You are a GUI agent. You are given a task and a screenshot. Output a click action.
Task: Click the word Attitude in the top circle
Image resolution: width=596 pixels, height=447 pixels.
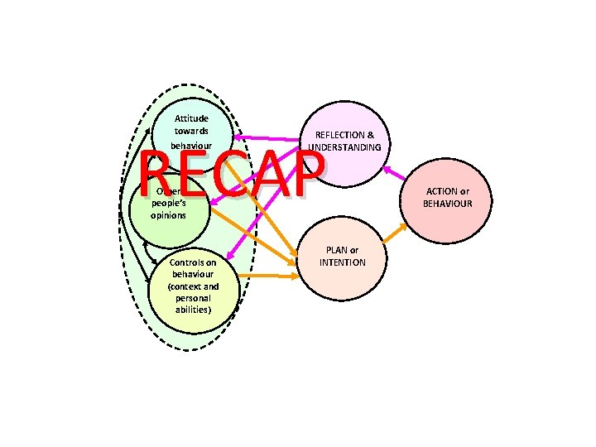point(191,118)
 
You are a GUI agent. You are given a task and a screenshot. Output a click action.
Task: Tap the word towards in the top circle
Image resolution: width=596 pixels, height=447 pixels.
point(191,131)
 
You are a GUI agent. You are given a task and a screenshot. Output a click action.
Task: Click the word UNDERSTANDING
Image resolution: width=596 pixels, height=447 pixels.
point(344,147)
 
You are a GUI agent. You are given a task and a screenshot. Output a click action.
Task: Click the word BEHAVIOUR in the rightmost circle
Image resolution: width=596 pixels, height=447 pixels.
point(448,203)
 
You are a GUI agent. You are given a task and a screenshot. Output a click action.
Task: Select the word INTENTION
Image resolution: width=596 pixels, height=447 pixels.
point(342,262)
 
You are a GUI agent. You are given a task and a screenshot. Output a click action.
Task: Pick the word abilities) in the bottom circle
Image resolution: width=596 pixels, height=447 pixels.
point(193,310)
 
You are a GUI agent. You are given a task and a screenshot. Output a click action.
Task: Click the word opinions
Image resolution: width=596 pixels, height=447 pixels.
point(168,215)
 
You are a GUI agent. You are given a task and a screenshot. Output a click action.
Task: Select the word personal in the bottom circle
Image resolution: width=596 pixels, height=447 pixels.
point(193,297)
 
